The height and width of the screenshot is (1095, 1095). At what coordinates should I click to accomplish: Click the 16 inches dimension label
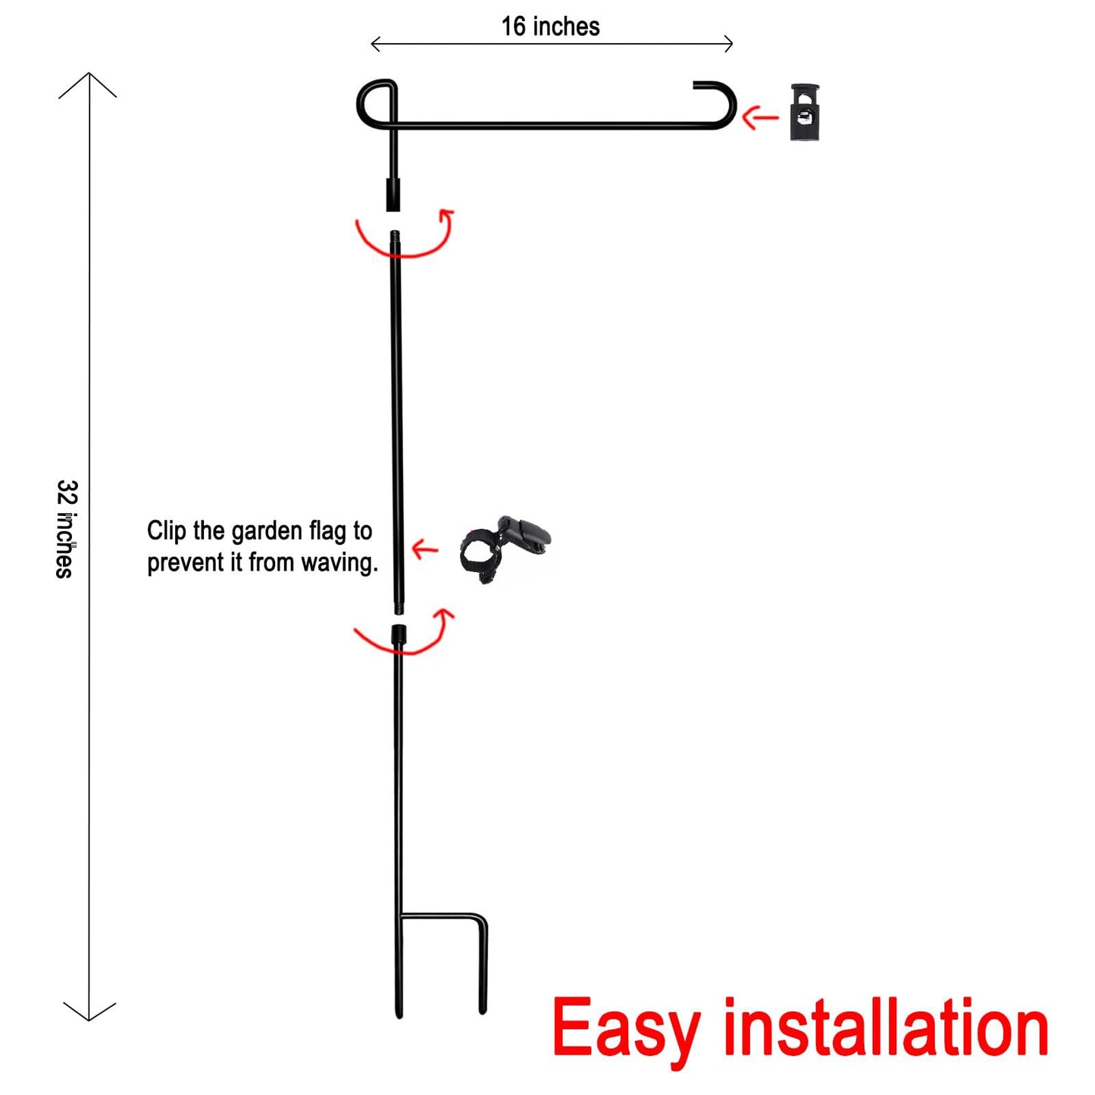pyautogui.click(x=550, y=27)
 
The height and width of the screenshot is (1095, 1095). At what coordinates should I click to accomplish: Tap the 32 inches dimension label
pyautogui.click(x=65, y=529)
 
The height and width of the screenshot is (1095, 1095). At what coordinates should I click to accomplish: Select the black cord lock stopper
pyautogui.click(x=805, y=112)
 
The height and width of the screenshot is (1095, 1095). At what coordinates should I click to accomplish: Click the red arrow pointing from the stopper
pyautogui.click(x=760, y=117)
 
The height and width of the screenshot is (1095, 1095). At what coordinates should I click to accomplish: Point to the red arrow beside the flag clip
pyautogui.click(x=424, y=549)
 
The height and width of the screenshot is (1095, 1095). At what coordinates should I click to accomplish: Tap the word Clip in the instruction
pyautogui.click(x=167, y=530)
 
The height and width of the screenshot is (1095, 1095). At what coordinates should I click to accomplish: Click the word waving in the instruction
pyautogui.click(x=339, y=562)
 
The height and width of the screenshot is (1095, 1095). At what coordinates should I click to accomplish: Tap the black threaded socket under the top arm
pyautogui.click(x=393, y=195)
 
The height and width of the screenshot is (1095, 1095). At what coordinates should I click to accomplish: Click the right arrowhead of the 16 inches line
pyautogui.click(x=728, y=43)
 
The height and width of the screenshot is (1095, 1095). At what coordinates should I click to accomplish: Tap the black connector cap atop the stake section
pyautogui.click(x=399, y=633)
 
